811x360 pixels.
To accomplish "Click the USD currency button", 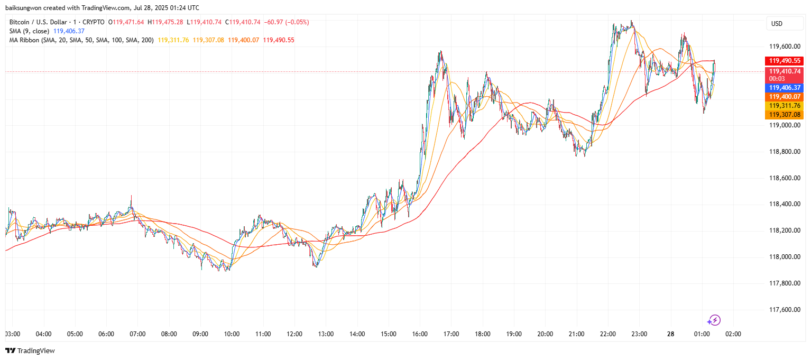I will point(777,24).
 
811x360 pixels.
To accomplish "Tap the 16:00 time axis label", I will point(420,334).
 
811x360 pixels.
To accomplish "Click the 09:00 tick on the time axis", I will point(200,334).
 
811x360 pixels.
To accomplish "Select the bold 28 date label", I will point(670,334).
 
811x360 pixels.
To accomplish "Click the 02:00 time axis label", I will point(733,334).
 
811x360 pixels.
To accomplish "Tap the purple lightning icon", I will point(714,320).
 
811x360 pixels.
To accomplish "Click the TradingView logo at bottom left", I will point(30,350).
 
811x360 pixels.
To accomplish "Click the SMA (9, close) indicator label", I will point(30,31).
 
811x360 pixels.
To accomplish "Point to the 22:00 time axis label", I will point(607,334).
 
